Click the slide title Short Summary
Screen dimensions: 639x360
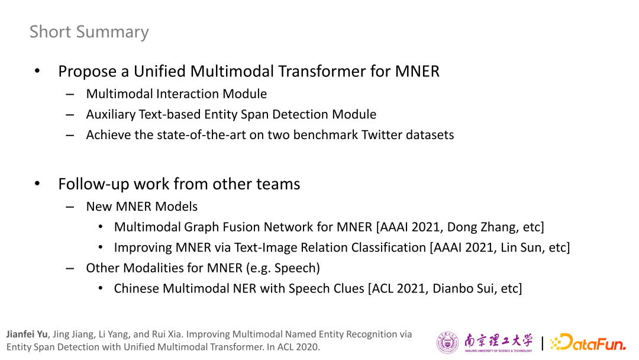click(x=89, y=32)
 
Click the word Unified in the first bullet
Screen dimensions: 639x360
click(x=160, y=71)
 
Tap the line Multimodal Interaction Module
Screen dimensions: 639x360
click(x=176, y=94)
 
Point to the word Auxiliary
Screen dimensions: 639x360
click(x=111, y=114)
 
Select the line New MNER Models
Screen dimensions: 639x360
click(x=142, y=207)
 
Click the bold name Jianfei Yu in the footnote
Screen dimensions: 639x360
click(x=27, y=335)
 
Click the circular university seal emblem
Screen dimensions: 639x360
click(x=447, y=342)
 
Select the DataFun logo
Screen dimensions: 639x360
click(x=588, y=342)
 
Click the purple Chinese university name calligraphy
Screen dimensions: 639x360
click(x=498, y=340)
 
